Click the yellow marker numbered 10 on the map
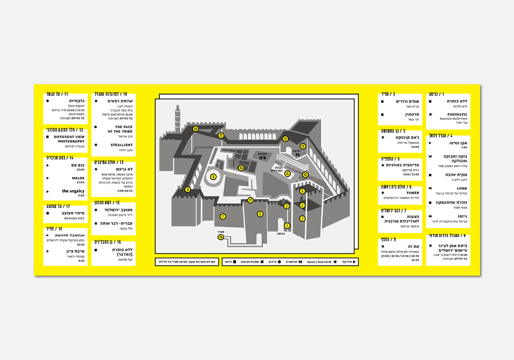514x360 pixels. [195, 129]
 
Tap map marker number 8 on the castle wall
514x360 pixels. [188, 190]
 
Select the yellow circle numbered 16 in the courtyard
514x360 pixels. [241, 168]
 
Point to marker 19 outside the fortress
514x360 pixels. [221, 237]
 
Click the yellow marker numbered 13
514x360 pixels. [303, 146]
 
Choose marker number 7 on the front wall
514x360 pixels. [223, 217]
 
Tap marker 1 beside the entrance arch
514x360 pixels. [287, 225]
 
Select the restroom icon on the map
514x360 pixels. [297, 153]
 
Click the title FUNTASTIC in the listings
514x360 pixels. [457, 115]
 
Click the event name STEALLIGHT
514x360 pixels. [122, 145]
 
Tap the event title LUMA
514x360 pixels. [462, 188]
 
